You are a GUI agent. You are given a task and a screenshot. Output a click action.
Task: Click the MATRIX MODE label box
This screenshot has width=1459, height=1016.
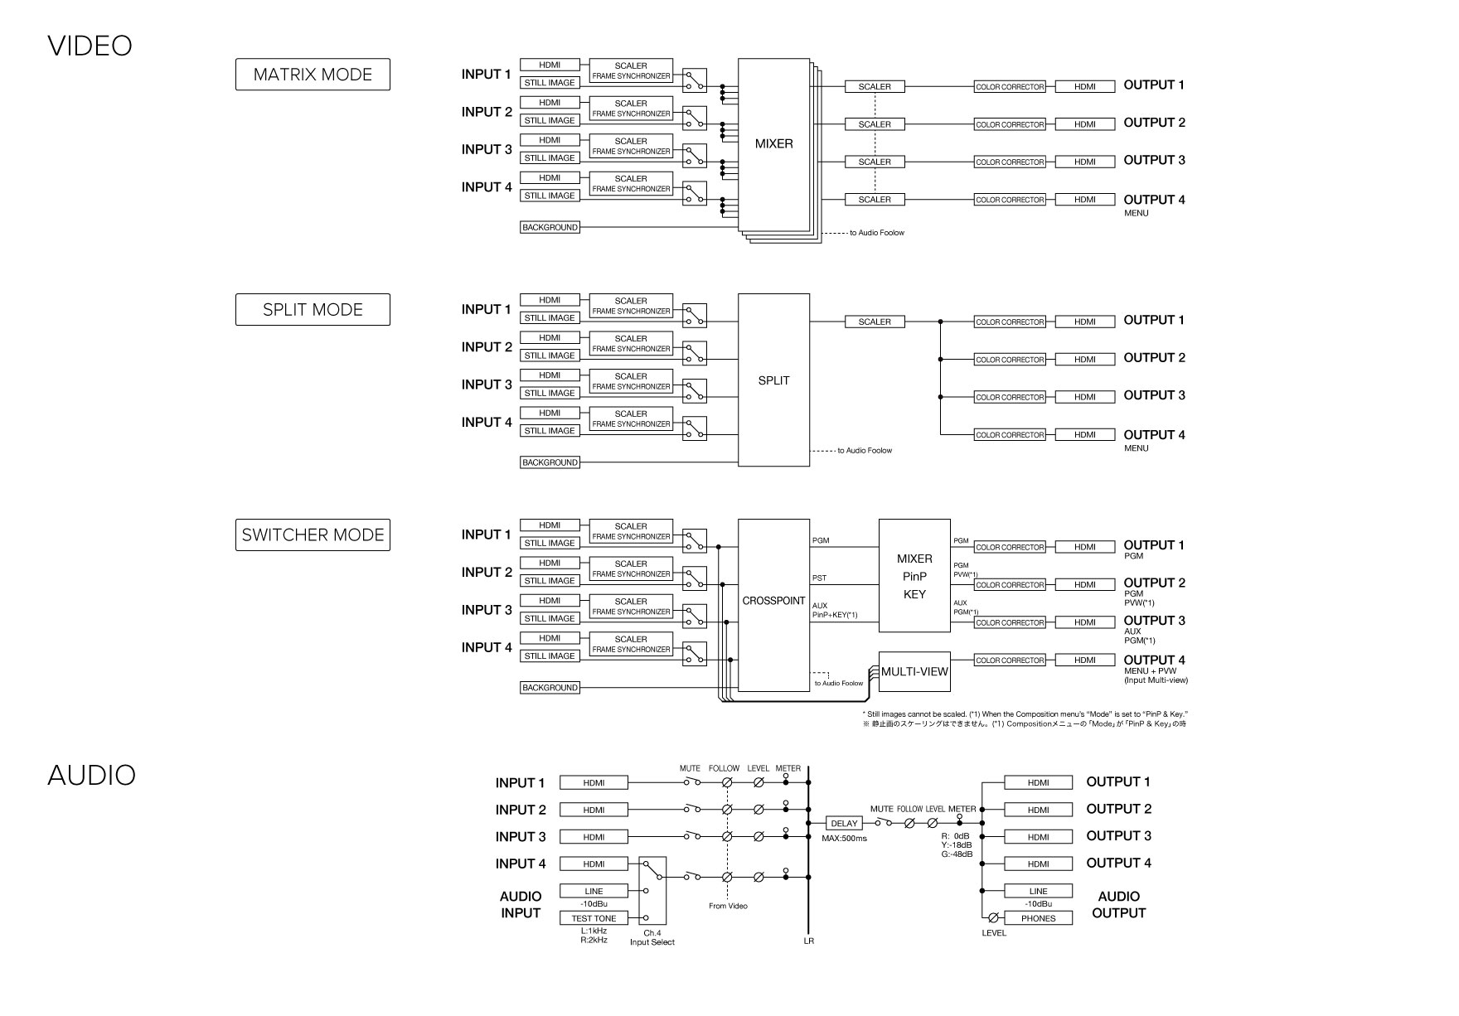[313, 75]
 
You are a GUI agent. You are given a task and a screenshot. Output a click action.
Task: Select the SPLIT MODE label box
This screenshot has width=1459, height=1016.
[313, 310]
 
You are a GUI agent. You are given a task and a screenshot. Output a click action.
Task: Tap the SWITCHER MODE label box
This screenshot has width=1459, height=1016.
[313, 535]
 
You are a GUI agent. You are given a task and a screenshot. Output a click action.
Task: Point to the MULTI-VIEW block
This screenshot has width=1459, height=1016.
[914, 671]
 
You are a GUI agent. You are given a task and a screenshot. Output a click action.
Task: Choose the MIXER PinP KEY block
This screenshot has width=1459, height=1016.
[914, 576]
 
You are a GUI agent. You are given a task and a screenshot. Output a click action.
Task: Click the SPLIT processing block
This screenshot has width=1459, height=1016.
[773, 380]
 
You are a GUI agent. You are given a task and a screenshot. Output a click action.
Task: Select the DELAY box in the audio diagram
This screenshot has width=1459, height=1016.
[844, 824]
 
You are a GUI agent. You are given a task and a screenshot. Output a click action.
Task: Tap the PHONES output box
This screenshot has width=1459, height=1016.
[1038, 918]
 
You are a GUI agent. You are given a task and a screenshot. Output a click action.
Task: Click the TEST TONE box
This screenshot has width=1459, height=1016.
[594, 918]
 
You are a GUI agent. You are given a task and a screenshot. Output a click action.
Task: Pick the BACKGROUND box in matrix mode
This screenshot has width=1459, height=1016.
[550, 227]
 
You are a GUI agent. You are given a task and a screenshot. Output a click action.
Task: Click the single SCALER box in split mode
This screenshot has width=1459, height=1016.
[875, 322]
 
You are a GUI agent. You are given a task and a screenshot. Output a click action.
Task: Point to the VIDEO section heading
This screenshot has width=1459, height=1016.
[90, 46]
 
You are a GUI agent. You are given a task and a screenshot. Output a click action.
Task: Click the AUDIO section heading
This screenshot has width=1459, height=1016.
[91, 775]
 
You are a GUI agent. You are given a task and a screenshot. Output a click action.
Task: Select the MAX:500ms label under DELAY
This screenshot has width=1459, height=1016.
[844, 839]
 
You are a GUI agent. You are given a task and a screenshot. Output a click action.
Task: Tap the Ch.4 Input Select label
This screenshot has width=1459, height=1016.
[652, 937]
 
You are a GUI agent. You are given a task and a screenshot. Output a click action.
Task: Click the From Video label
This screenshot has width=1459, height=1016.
[728, 906]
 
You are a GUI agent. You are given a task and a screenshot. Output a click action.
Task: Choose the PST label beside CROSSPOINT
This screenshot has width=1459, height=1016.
[819, 578]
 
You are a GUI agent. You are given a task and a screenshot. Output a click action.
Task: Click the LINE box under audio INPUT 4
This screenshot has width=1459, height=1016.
[594, 891]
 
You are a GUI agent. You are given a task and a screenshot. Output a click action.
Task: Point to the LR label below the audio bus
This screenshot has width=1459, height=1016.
[808, 941]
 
